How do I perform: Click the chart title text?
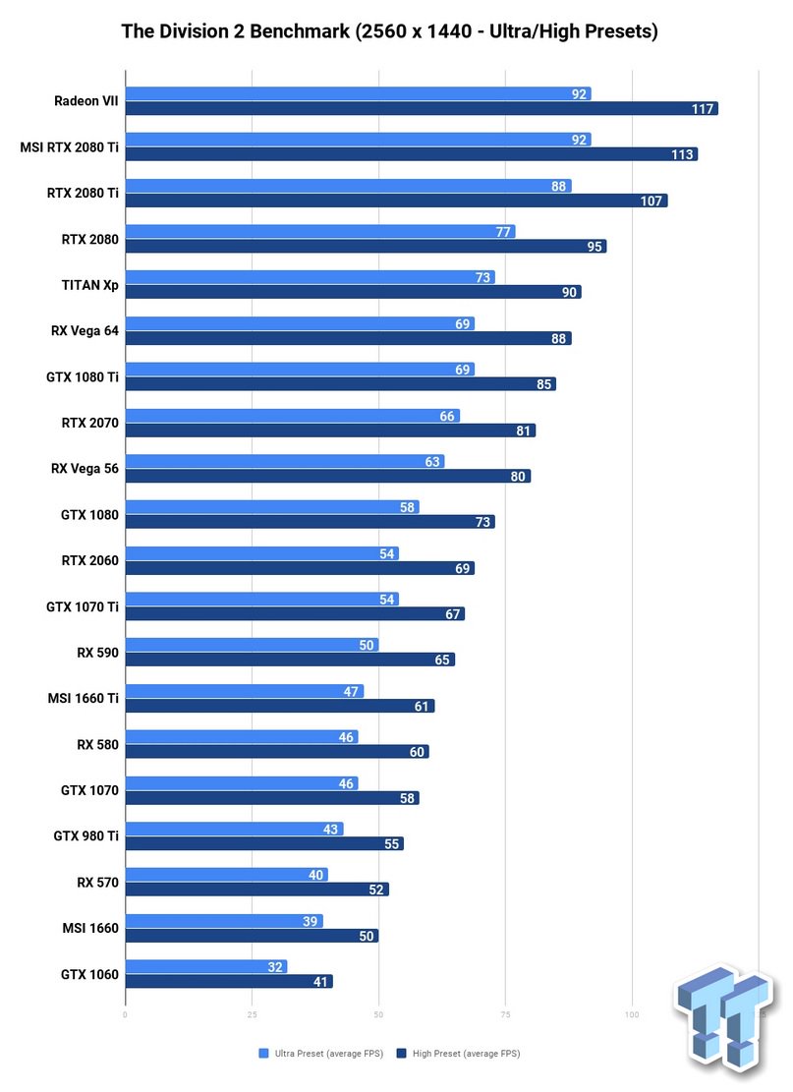coord(389,32)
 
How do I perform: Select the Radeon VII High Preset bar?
coord(422,108)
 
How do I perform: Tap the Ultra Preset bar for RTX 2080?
coord(320,232)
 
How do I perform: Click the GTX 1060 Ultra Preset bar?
coord(206,967)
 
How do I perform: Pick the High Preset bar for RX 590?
coord(290,660)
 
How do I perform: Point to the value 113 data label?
coord(682,154)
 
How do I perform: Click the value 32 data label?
coord(275,967)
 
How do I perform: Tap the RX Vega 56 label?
coord(85,469)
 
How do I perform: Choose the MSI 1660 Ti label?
coord(84,699)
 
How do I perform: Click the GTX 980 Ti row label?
coord(85,836)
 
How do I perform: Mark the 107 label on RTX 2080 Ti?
coord(651,201)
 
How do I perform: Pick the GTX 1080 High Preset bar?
coord(310,522)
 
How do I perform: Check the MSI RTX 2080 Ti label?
coord(69,147)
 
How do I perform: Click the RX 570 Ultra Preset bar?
coord(226,875)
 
